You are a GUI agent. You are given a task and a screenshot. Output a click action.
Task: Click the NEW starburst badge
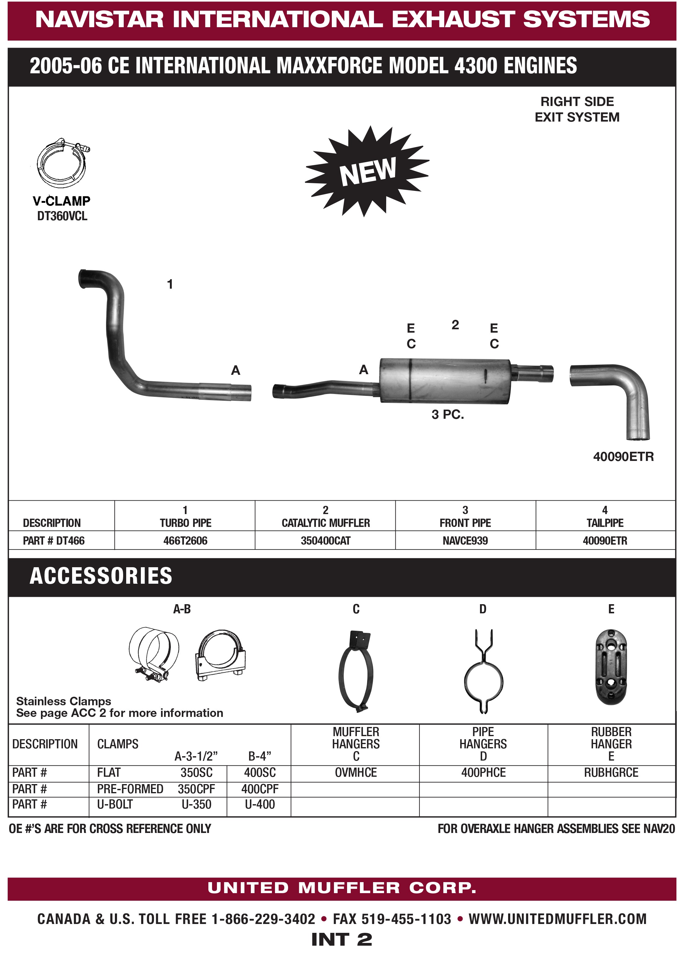pos(367,171)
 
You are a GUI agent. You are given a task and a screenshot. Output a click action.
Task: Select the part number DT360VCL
pos(62,216)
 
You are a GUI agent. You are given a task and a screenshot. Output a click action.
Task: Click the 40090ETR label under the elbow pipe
pos(623,457)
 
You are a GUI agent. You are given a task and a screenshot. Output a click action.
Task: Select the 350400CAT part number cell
pos(325,540)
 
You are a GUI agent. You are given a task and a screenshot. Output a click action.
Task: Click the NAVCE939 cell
pos(465,540)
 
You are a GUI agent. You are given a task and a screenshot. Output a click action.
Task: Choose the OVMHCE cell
pos(356,772)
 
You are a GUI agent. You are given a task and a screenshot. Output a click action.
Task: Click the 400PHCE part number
pos(483,772)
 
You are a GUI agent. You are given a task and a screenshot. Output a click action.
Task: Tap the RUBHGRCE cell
pos(611,772)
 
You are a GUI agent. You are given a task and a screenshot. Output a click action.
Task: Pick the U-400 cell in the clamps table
pos(260,804)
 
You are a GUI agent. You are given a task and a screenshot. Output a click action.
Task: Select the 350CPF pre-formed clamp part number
pos(196,789)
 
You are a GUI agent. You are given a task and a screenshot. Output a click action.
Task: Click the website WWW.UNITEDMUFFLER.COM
pos(557,919)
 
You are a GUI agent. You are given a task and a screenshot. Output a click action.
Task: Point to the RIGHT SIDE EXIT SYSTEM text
pos(577,109)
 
